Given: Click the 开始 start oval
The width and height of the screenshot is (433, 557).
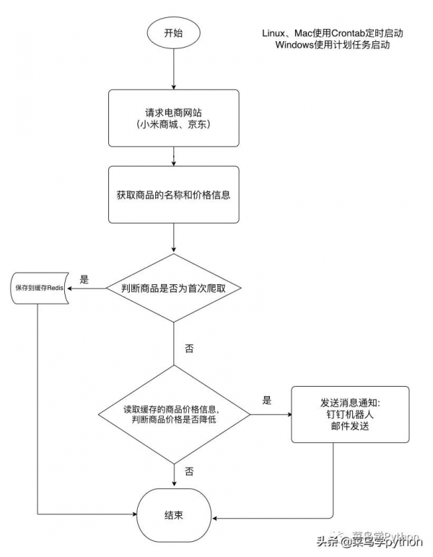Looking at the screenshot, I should coord(173,33).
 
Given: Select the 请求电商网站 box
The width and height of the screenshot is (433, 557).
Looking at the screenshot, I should coord(173,118).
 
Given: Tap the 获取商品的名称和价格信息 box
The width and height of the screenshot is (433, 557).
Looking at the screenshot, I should coord(173,196).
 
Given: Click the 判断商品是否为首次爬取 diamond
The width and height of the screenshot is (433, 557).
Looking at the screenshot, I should coord(173,288).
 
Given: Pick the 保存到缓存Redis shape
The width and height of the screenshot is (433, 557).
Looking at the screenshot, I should coord(39,288).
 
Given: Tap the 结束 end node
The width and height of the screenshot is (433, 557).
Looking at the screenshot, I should coord(173,515).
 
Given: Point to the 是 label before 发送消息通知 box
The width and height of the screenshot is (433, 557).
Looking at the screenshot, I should coord(266,400).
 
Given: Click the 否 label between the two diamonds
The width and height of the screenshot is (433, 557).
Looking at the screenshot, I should coord(189,348).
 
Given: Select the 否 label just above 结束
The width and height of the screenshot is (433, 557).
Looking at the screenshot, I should coord(189,471).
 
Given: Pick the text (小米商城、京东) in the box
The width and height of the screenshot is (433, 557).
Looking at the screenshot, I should coord(173,125).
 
